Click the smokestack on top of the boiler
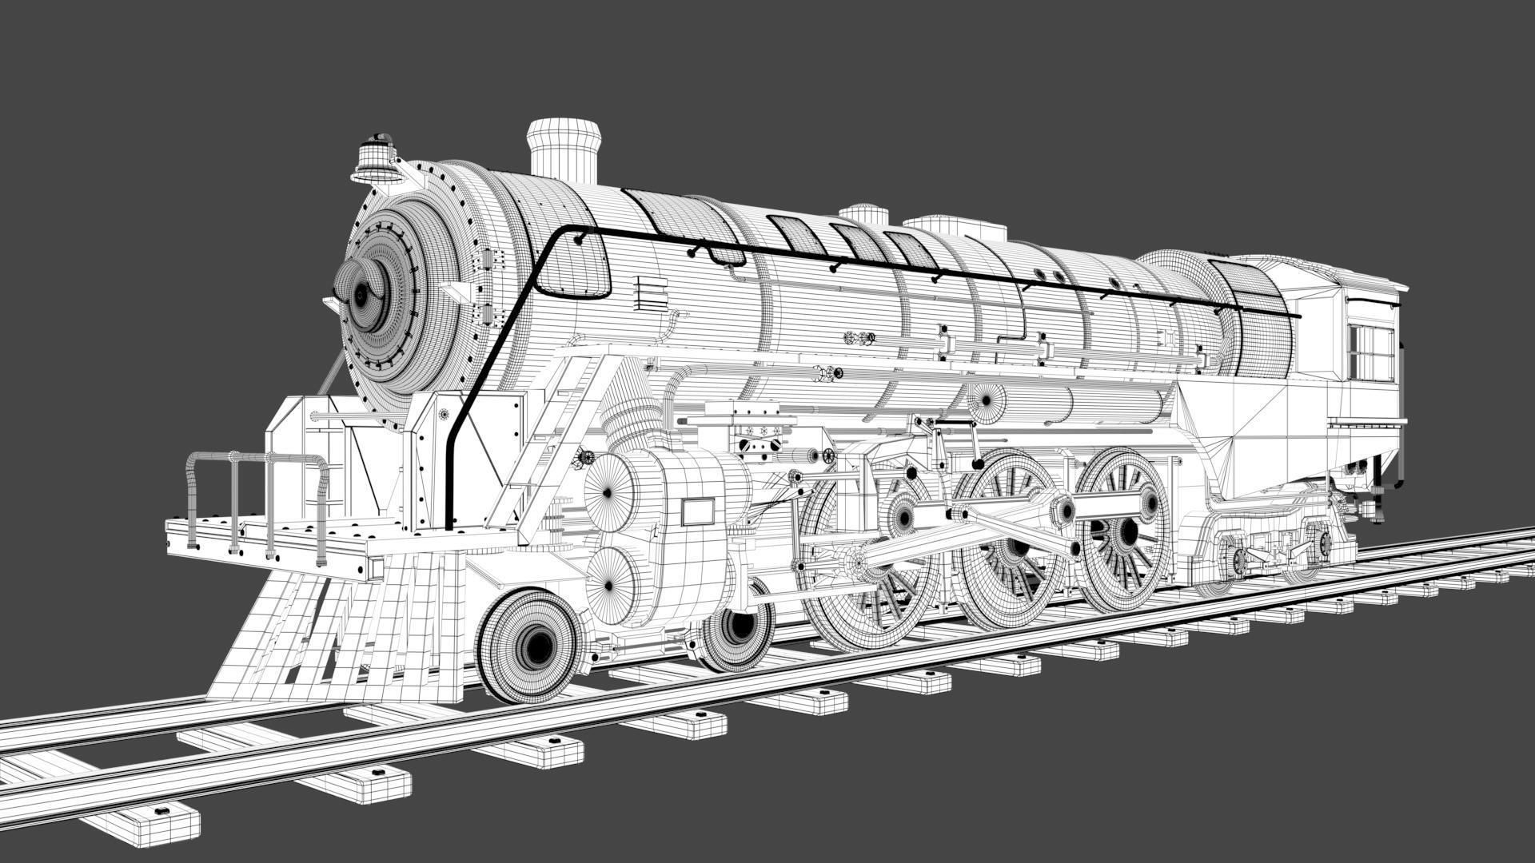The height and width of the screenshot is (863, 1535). coord(564,152)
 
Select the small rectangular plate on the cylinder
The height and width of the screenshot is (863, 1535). coord(697,511)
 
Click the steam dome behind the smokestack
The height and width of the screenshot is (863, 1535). coord(864,213)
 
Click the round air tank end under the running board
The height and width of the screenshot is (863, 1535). coord(987,398)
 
